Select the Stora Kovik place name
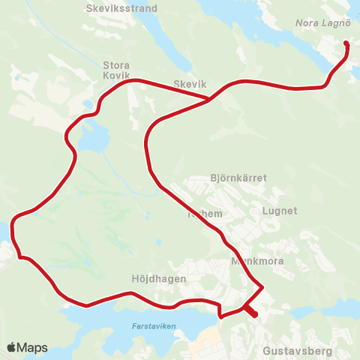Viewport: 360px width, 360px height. pos(116,70)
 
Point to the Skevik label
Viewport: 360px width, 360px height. pos(189,85)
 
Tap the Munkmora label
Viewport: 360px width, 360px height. pos(253,262)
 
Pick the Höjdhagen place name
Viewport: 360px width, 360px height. pos(162,277)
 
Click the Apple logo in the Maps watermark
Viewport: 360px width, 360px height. pos(13,347)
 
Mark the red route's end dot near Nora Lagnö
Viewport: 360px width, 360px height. pos(346,43)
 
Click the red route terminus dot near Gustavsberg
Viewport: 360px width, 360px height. pos(255,315)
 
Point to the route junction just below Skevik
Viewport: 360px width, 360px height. pos(209,99)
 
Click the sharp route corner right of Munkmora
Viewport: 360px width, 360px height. pos(262,286)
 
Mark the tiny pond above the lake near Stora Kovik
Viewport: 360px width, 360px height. pos(88,104)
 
